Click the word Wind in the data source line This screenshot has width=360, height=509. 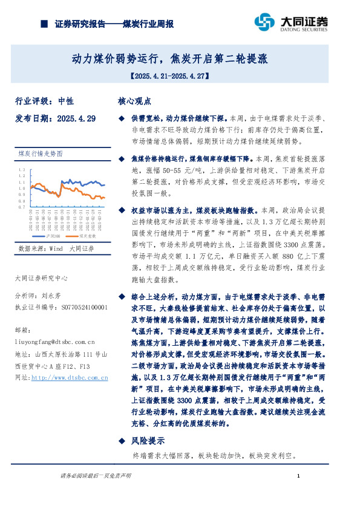coord(57,248)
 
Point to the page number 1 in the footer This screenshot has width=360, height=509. coord(299,477)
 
